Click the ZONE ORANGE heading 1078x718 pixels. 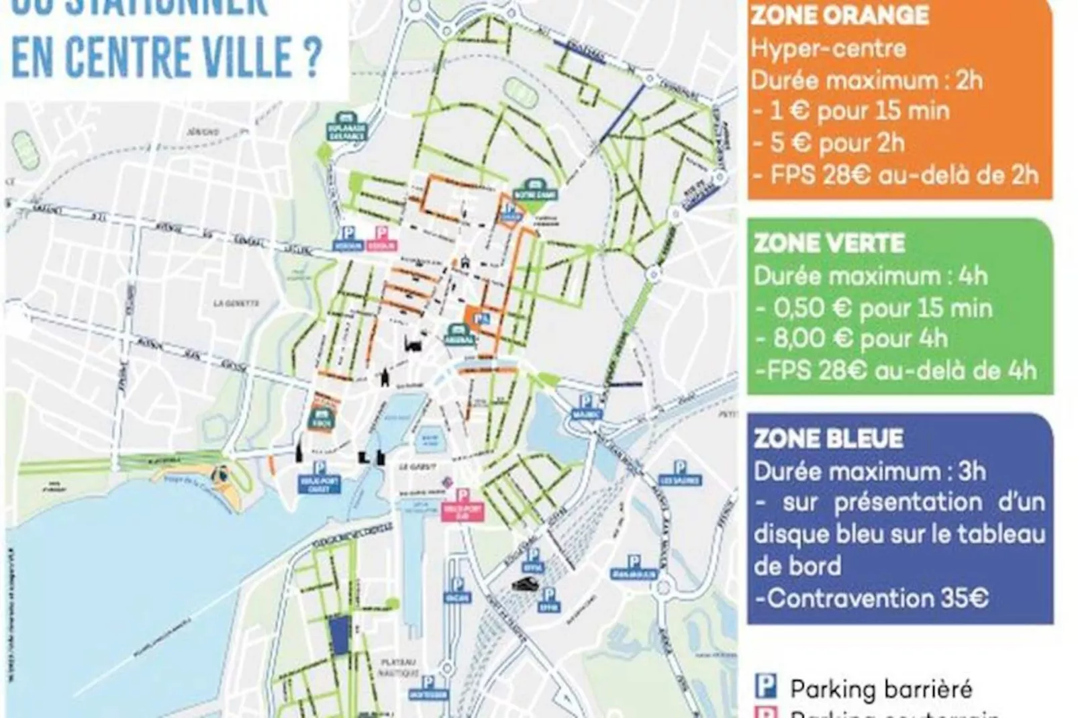(x=840, y=15)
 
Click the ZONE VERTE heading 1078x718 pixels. (x=830, y=243)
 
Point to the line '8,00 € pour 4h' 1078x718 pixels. (x=861, y=339)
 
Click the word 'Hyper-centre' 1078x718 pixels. (x=828, y=48)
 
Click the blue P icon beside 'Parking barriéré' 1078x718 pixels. (x=766, y=688)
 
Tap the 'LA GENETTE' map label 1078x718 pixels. (x=236, y=303)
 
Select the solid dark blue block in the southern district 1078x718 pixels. (x=339, y=635)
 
